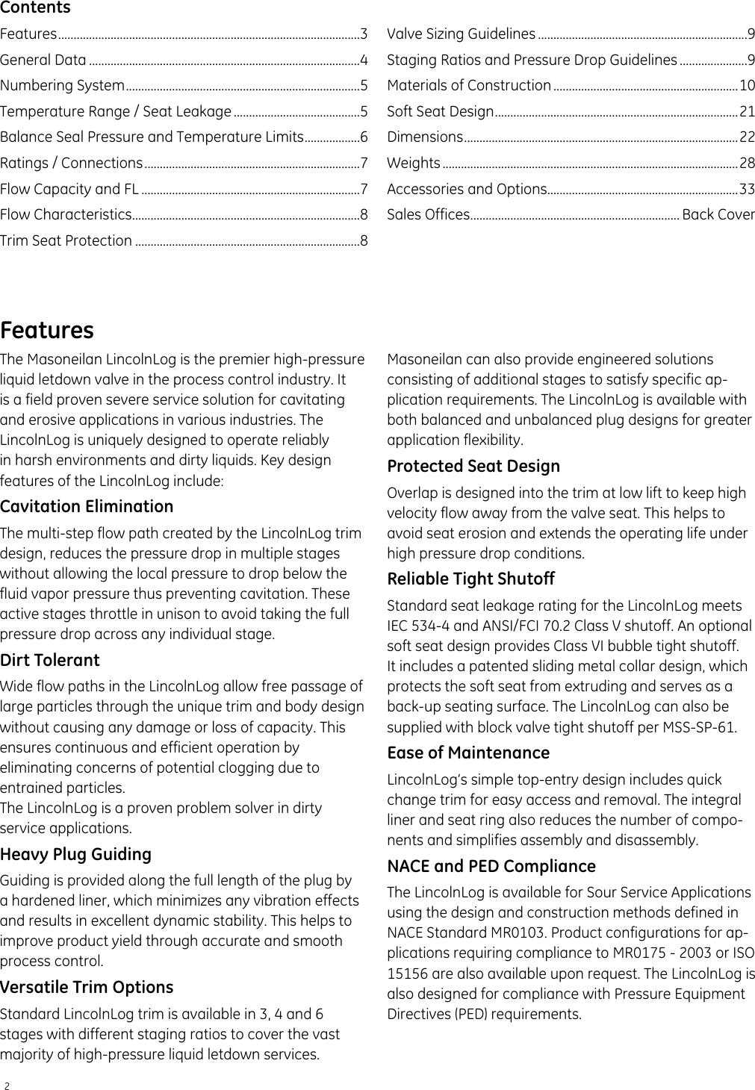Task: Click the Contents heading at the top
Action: pos(35,8)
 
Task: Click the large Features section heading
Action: pos(47,330)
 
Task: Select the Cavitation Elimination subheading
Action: pos(87,506)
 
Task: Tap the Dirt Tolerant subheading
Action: pos(50,660)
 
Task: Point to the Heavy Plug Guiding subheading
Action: pos(75,854)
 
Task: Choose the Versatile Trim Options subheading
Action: pos(87,987)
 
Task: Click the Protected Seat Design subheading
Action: pos(473,466)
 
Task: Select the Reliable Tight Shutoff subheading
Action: pos(470,579)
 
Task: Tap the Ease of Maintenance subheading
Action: pos(468,753)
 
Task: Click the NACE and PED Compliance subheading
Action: pos(491,866)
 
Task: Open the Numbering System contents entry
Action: pos(63,85)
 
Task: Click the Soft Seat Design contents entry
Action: pos(440,111)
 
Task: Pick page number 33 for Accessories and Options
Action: pos(747,189)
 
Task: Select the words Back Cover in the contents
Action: pos(718,215)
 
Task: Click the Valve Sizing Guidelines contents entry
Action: pos(461,34)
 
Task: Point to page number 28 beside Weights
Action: pos(747,163)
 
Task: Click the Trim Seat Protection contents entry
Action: pos(66,240)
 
